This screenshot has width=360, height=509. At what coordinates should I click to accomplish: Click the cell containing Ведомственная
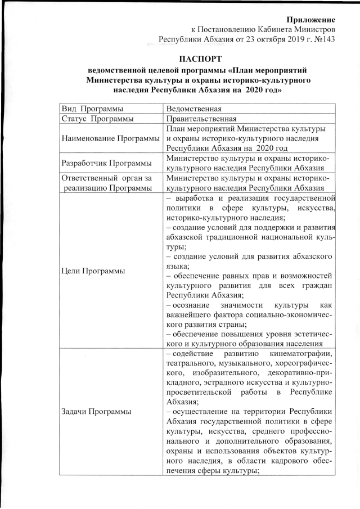point(195,108)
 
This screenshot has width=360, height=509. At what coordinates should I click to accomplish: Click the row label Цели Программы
point(93,271)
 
